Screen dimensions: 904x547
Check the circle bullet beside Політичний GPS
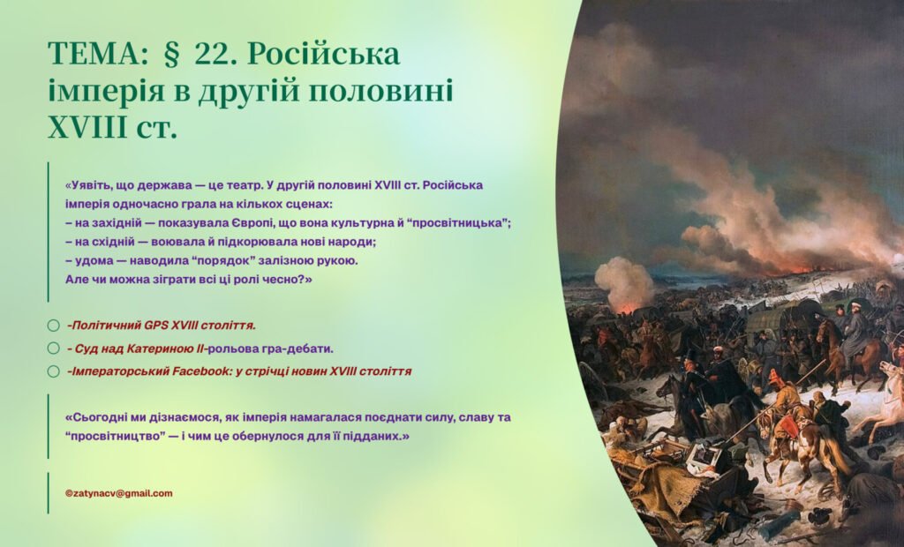[54, 326]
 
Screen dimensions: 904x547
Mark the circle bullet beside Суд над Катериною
[54, 348]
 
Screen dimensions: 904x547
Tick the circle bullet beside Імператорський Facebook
[54, 371]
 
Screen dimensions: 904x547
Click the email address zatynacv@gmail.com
[118, 493]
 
